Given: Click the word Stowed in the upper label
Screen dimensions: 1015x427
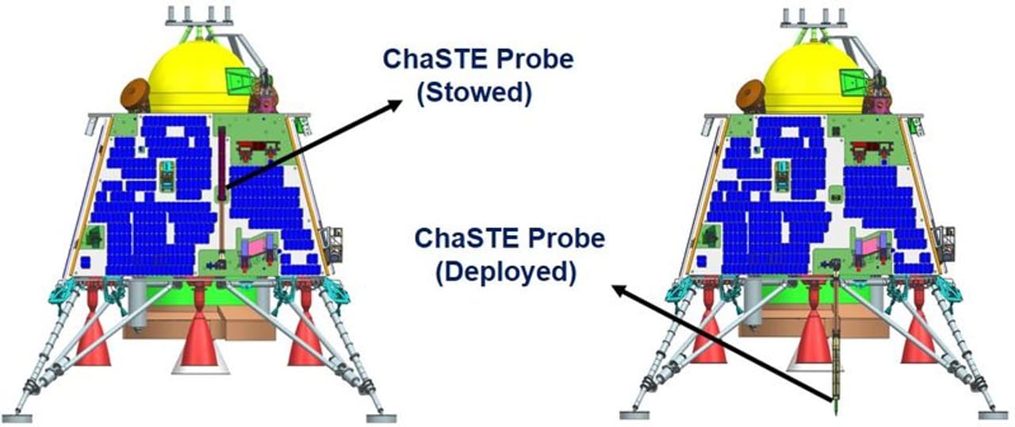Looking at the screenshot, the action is (x=474, y=93).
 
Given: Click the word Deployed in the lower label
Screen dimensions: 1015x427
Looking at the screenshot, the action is (x=507, y=272).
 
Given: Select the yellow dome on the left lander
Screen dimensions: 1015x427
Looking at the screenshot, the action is (x=198, y=77).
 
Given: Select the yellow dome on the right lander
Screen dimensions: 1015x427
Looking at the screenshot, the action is (x=814, y=77).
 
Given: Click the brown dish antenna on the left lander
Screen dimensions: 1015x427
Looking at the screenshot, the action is (x=136, y=95).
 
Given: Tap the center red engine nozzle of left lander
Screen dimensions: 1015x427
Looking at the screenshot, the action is (x=198, y=333).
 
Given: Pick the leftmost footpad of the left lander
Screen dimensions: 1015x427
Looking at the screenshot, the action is (x=17, y=418).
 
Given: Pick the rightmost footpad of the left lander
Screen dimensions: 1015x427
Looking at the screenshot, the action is (x=381, y=418).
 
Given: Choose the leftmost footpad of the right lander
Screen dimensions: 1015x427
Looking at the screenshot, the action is (x=634, y=415).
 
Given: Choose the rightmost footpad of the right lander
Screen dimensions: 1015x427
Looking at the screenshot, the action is (x=994, y=415).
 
